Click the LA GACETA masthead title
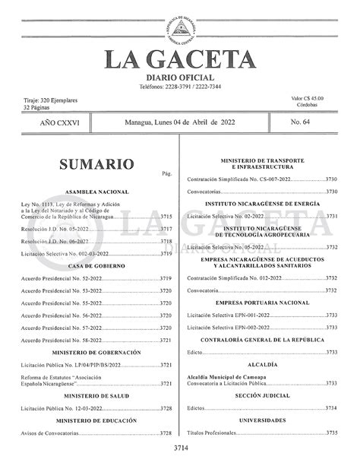point(180,60)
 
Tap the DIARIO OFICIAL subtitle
point(180,78)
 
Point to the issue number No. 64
point(305,122)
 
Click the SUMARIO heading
point(96,164)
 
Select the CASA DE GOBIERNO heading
point(96,265)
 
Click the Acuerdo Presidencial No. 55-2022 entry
point(62,303)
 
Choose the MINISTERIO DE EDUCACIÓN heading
point(97,420)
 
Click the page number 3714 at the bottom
point(181,448)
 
